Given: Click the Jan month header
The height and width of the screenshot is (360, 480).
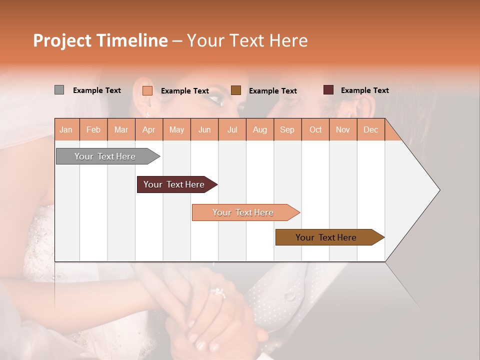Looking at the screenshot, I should pos(66,129).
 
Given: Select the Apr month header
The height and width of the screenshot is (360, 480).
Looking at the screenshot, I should pos(148,129).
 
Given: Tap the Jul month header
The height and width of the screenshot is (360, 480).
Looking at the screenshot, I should pos(232,129).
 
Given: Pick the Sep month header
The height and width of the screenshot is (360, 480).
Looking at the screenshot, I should pos(287,129).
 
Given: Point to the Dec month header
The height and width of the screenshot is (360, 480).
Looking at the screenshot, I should pos(370,129).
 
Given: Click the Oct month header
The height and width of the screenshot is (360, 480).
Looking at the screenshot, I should pos(315,129).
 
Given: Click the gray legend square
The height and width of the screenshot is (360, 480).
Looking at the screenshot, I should pos(59,90).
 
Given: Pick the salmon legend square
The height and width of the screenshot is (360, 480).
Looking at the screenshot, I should pos(147,90).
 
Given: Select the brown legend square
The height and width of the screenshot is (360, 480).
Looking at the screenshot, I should pos(236,90).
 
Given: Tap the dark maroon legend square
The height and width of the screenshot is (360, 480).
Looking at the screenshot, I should pos(328,90).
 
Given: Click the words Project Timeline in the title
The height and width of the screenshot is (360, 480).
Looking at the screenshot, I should pos(100,40).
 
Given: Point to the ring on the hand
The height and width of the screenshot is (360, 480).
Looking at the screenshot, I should pos(218,292).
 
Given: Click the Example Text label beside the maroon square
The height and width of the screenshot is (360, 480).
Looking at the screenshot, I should pos(364,90).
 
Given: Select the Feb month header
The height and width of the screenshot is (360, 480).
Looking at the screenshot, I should pos(93,129).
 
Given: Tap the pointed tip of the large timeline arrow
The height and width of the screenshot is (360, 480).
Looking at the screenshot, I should pos(439,189).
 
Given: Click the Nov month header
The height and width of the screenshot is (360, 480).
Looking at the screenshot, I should pos(343,129).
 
